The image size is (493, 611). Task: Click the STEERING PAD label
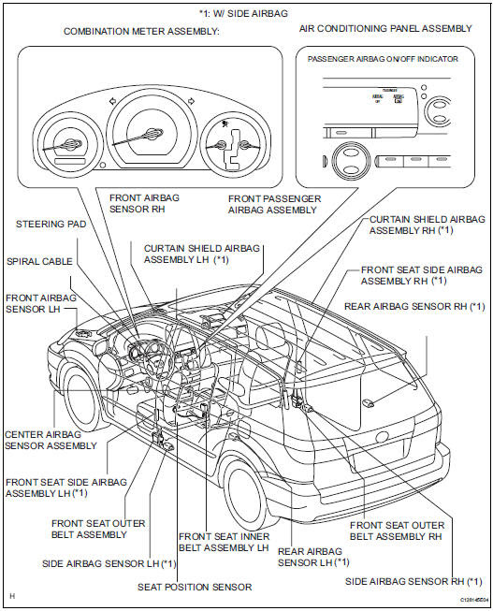49,225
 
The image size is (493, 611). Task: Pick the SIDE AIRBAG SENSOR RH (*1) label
418,581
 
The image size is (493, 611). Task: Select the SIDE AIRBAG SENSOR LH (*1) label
109,564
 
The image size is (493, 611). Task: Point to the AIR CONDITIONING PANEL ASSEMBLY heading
386,29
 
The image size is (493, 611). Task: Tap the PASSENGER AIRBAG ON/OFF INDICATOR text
383,59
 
